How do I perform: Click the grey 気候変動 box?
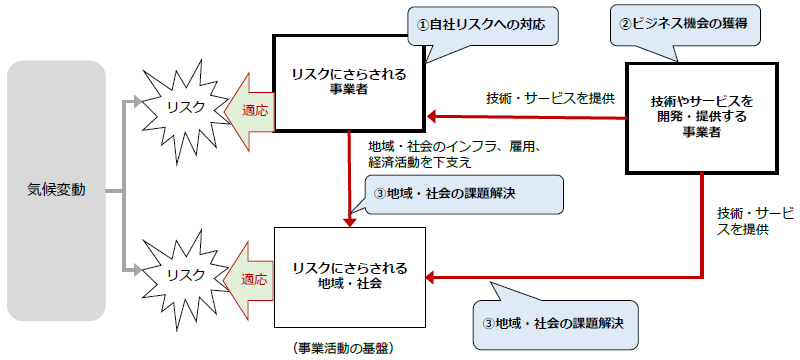55,190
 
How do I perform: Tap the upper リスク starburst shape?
185,108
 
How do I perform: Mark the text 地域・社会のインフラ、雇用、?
454,146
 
